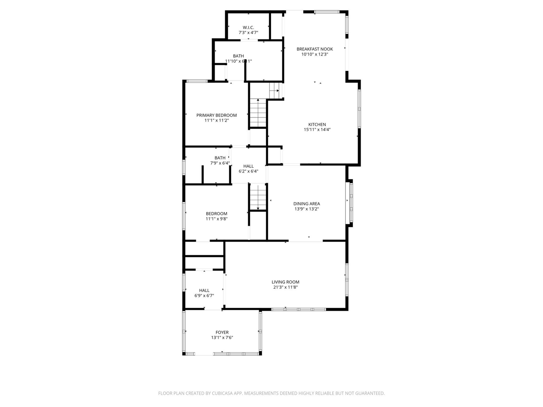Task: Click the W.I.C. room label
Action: [248, 27]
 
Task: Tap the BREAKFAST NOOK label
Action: [314, 49]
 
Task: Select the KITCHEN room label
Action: [317, 125]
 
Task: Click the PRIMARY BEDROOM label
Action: [216, 115]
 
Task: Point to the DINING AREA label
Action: [307, 204]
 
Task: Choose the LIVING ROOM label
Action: [285, 282]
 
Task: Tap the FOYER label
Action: [222, 332]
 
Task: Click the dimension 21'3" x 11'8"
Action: [285, 287]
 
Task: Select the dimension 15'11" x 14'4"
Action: [317, 130]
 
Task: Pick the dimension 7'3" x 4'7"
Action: [248, 33]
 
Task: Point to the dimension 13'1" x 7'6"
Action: [222, 338]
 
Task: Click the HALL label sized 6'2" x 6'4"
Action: [249, 166]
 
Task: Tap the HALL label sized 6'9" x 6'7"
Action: [204, 290]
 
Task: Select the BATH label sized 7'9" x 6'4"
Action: [220, 158]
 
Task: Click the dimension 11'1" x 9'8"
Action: [216, 219]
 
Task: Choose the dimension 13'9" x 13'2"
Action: [307, 209]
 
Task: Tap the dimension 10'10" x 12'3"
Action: [314, 54]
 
